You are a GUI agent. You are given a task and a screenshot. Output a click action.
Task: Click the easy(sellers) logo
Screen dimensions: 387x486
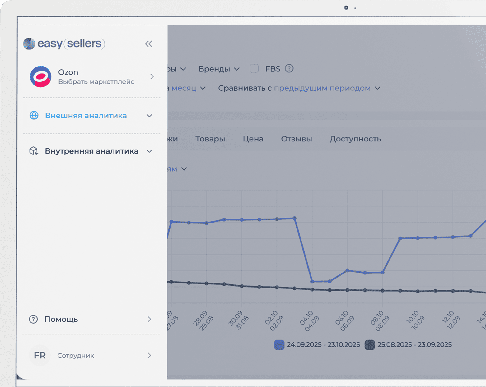point(64,44)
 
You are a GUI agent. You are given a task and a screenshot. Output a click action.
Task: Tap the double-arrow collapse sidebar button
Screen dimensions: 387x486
point(148,44)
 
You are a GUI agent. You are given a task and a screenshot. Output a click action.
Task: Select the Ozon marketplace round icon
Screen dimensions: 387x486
point(40,76)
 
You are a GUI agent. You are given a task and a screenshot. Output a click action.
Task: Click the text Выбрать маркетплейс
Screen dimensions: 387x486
point(96,82)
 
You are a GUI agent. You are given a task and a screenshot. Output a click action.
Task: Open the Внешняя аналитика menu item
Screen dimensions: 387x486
point(86,116)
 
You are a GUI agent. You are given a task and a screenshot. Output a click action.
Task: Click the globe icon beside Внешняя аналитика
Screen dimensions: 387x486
point(34,115)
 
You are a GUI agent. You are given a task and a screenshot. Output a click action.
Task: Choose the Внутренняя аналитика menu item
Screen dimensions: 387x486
point(91,151)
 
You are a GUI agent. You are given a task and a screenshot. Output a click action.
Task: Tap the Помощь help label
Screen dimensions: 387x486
point(61,319)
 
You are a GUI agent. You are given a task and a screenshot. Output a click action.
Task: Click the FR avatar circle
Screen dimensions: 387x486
point(40,355)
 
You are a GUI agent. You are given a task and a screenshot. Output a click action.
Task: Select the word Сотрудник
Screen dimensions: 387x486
point(76,356)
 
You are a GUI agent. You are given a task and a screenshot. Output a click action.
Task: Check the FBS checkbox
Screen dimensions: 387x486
point(254,69)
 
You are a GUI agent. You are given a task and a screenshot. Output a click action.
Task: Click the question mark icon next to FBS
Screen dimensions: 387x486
point(289,68)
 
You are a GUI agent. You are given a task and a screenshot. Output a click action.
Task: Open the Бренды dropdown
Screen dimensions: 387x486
point(219,69)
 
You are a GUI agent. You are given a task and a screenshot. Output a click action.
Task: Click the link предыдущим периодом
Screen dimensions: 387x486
point(322,88)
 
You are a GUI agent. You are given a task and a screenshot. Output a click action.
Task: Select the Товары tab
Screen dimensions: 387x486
point(210,139)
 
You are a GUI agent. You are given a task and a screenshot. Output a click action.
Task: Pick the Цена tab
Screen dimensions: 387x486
point(253,139)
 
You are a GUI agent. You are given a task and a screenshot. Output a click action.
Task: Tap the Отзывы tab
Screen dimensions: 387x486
point(297,139)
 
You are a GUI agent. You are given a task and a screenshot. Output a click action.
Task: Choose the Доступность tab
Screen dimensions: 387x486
point(355,139)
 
